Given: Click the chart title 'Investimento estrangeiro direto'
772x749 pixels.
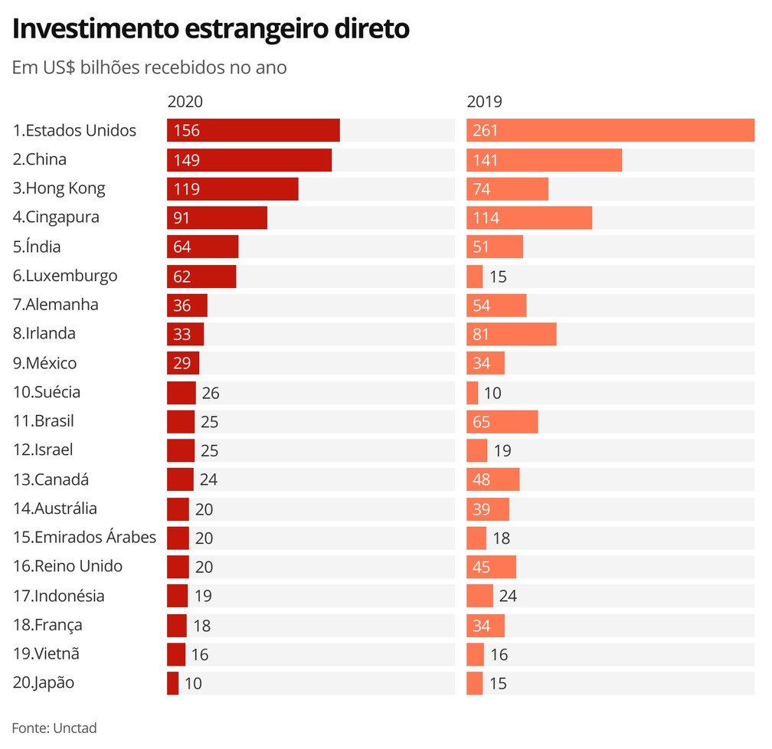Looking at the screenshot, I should pyautogui.click(x=211, y=29).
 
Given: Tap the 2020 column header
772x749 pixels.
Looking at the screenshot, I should pyautogui.click(x=185, y=102).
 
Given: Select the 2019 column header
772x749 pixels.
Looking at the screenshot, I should pyautogui.click(x=484, y=102).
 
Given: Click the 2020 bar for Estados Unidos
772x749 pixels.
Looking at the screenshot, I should pyautogui.click(x=253, y=130).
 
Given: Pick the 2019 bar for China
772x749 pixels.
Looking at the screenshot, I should pyautogui.click(x=544, y=160).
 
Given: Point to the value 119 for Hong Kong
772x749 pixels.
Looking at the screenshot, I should pyautogui.click(x=186, y=189).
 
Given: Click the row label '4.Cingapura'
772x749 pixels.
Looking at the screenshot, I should pyautogui.click(x=56, y=218).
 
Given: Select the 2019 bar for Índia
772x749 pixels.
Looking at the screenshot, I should pyautogui.click(x=495, y=247).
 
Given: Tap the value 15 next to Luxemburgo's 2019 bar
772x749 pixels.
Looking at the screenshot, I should pyautogui.click(x=498, y=276).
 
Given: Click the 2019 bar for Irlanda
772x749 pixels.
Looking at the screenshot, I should pyautogui.click(x=511, y=334).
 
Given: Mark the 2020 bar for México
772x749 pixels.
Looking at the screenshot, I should pyautogui.click(x=183, y=363).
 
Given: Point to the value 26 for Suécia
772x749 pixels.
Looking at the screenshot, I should pyautogui.click(x=211, y=393).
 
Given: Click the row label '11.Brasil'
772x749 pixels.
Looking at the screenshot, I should pyautogui.click(x=43, y=421).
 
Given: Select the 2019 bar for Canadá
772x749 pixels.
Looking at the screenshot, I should pyautogui.click(x=492, y=479).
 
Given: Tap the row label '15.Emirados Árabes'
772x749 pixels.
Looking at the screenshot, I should pyautogui.click(x=84, y=538).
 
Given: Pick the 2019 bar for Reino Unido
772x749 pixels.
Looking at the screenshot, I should pyautogui.click(x=491, y=567).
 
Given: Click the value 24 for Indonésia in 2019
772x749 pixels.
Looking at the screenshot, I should pyautogui.click(x=508, y=596).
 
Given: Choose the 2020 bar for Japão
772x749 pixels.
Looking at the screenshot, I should pyautogui.click(x=172, y=683).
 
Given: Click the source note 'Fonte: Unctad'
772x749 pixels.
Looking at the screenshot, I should pyautogui.click(x=54, y=728).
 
